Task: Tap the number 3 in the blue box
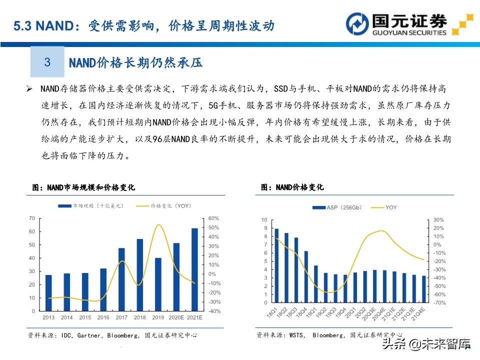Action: point(47,62)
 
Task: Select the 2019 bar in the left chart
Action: point(158,284)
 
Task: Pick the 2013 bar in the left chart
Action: point(48,292)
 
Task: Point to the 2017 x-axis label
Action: point(121,317)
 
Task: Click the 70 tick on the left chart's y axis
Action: point(31,218)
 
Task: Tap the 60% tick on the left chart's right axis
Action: point(214,218)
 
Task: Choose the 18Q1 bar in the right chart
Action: point(276,265)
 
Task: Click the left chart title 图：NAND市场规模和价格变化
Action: point(83,187)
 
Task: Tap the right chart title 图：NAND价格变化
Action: point(292,187)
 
